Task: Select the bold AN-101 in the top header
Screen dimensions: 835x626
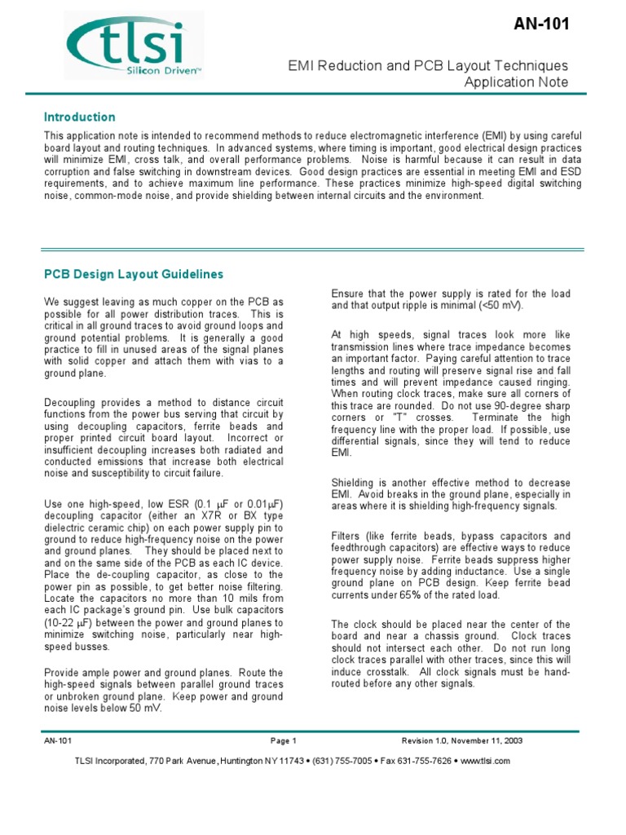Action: [541, 24]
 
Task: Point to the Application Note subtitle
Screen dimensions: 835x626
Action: [516, 82]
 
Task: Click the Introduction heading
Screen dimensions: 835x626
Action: [79, 117]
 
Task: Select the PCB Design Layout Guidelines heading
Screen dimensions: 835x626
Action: [133, 274]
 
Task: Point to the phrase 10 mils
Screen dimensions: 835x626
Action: [226, 599]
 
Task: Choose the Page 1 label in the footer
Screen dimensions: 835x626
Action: [284, 740]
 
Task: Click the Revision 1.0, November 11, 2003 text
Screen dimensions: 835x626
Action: [462, 740]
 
